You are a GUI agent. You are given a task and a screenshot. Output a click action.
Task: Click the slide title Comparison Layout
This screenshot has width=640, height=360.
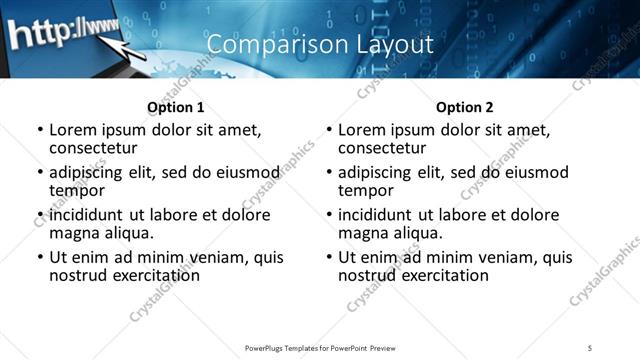pos(320,45)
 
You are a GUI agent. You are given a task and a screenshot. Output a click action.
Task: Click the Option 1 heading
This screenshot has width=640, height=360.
pos(175,107)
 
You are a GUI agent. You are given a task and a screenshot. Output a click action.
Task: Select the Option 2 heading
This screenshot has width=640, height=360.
pos(464,107)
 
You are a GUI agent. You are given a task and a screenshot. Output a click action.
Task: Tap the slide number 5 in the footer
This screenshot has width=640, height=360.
pos(590,347)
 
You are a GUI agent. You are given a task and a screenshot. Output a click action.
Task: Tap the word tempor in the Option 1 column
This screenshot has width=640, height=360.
pos(77,190)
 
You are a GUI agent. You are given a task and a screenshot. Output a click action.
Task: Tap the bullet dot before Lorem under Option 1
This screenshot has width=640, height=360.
pos(39,130)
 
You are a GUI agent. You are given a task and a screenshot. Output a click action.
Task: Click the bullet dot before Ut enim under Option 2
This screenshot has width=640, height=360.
pos(328,257)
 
